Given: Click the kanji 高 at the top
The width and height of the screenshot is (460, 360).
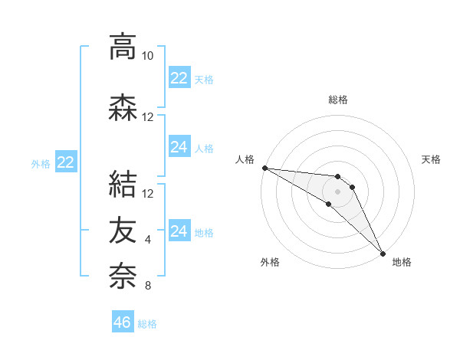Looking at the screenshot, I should (123, 47).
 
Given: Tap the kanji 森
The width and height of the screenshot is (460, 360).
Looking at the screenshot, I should (123, 108).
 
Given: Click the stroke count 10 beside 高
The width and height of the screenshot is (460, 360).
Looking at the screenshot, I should (148, 56).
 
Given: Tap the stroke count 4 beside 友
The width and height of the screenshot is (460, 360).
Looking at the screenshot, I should (148, 240).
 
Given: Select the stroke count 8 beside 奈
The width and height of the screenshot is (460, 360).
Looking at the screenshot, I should (148, 286).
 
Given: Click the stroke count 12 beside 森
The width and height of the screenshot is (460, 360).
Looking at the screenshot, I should (148, 117).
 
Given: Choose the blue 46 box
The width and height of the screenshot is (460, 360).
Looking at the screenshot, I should (123, 322).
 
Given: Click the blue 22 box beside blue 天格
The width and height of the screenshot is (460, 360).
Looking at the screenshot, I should (179, 78).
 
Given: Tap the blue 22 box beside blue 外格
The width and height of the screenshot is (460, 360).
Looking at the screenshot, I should (66, 162).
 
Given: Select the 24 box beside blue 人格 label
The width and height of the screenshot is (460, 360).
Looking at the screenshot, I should (179, 147).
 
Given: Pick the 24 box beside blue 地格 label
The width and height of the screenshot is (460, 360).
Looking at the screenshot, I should (179, 231).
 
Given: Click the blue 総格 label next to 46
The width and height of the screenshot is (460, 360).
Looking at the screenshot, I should (147, 324).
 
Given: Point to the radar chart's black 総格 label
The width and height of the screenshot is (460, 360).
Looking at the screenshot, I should (338, 100).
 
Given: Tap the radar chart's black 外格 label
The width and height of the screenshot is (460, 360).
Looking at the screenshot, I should (270, 263).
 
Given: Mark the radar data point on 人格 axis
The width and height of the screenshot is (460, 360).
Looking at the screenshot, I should (264, 168).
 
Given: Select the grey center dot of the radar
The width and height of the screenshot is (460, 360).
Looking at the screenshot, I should (338, 191).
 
